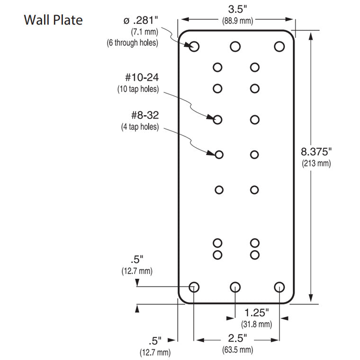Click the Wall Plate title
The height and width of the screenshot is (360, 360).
[53, 20]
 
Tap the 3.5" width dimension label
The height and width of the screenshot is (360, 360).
[237, 9]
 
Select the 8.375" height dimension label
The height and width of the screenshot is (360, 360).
[316, 152]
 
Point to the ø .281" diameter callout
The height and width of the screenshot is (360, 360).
[141, 21]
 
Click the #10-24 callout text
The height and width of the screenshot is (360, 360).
[142, 77]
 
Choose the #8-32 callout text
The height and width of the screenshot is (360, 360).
[145, 115]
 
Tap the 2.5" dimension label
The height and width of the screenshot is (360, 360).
[237, 338]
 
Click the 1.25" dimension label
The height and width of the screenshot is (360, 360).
[256, 313]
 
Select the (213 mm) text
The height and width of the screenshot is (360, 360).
[316, 163]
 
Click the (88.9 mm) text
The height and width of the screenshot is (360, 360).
[237, 21]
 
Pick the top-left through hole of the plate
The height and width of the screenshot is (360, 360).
[194, 46]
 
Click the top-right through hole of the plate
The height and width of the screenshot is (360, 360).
[279, 46]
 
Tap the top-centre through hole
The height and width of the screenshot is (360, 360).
[235, 46]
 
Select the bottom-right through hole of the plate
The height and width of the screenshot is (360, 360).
[279, 287]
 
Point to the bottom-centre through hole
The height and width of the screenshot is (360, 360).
[235, 287]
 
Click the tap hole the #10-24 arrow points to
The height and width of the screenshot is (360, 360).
[217, 120]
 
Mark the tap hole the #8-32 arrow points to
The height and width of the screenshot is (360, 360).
[219, 154]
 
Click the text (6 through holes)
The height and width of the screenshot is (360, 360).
[133, 43]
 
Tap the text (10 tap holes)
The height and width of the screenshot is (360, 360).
[138, 89]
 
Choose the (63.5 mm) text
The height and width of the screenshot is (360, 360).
[237, 350]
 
